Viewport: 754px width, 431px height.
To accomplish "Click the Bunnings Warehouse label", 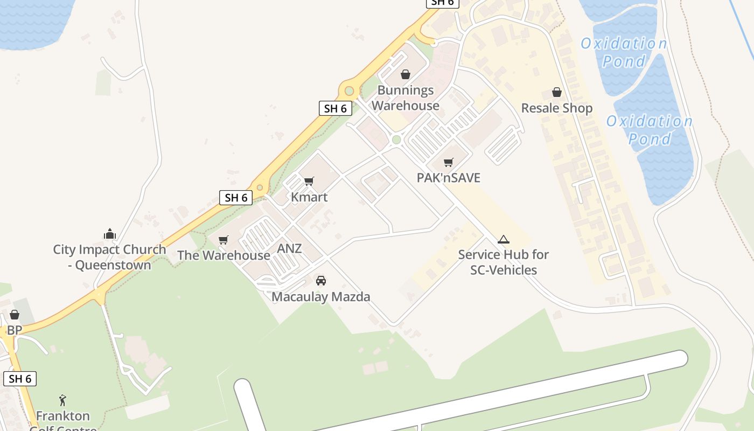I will [x=405, y=98].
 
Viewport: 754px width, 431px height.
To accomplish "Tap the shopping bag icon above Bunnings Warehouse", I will [x=406, y=74].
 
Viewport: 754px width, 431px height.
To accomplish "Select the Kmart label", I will [x=309, y=197].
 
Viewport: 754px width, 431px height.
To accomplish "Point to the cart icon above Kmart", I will [x=309, y=181].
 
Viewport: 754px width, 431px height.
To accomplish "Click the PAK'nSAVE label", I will [x=449, y=178].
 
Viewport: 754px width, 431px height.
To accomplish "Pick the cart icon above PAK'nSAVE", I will [x=449, y=162].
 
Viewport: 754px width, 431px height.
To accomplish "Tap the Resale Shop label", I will [x=557, y=108].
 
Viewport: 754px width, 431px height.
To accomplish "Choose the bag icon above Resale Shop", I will [x=557, y=92].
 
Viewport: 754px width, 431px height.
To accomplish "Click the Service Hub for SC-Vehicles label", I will [x=504, y=262].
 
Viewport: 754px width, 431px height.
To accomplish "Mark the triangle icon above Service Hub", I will [x=504, y=239].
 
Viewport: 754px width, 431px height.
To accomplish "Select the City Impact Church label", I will [x=109, y=257].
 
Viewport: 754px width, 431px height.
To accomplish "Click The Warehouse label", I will [x=224, y=255].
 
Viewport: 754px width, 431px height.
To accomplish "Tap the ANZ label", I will [x=289, y=249].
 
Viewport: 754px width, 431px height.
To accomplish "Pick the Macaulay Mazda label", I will [x=321, y=297].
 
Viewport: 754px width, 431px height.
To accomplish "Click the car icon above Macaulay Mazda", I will [x=321, y=280].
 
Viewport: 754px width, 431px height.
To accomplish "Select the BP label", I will [x=15, y=330].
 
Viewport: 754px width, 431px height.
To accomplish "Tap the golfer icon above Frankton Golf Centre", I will [x=63, y=400].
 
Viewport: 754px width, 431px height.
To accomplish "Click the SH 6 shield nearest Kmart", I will [x=236, y=198].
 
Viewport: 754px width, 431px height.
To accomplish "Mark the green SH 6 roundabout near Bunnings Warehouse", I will [x=349, y=91].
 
